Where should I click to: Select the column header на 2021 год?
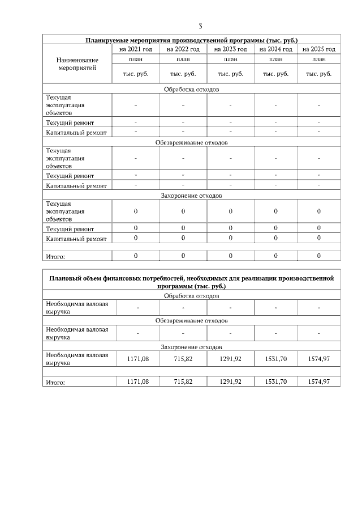[136, 49]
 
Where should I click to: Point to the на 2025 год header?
[319, 49]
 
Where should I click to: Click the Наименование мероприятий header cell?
[77, 63]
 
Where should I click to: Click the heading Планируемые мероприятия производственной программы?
[191, 40]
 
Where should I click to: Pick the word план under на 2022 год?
[183, 59]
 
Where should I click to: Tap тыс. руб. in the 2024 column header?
[275, 74]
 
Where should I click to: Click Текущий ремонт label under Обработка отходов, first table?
[70, 122]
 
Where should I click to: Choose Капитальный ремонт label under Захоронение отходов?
[76, 239]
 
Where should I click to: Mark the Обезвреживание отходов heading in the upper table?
[191, 142]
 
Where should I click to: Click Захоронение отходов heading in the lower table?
[191, 346]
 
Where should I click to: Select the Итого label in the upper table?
[55, 256]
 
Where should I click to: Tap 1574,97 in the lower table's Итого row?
[319, 381]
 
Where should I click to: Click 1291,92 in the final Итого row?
[230, 381]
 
